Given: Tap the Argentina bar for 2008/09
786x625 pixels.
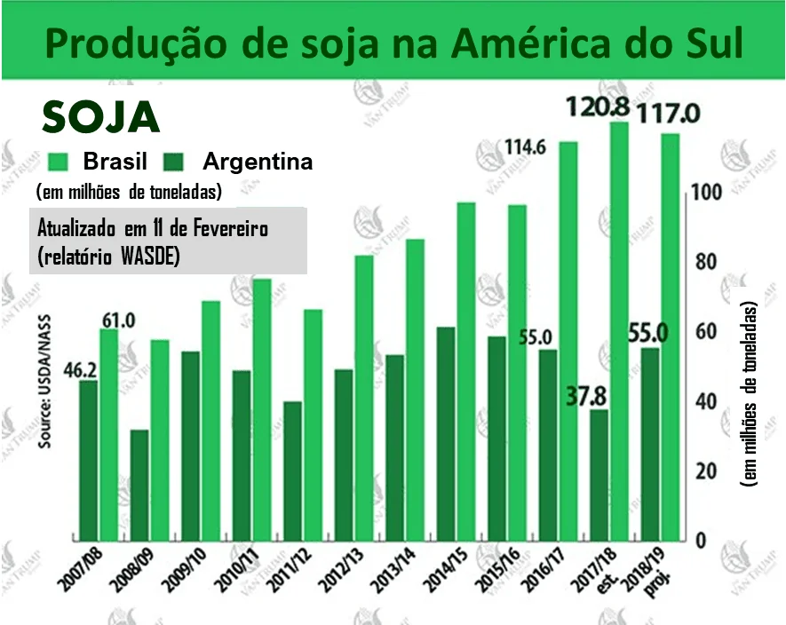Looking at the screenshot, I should pyautogui.click(x=139, y=485).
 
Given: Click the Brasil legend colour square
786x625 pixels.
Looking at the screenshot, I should pyautogui.click(x=59, y=162).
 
